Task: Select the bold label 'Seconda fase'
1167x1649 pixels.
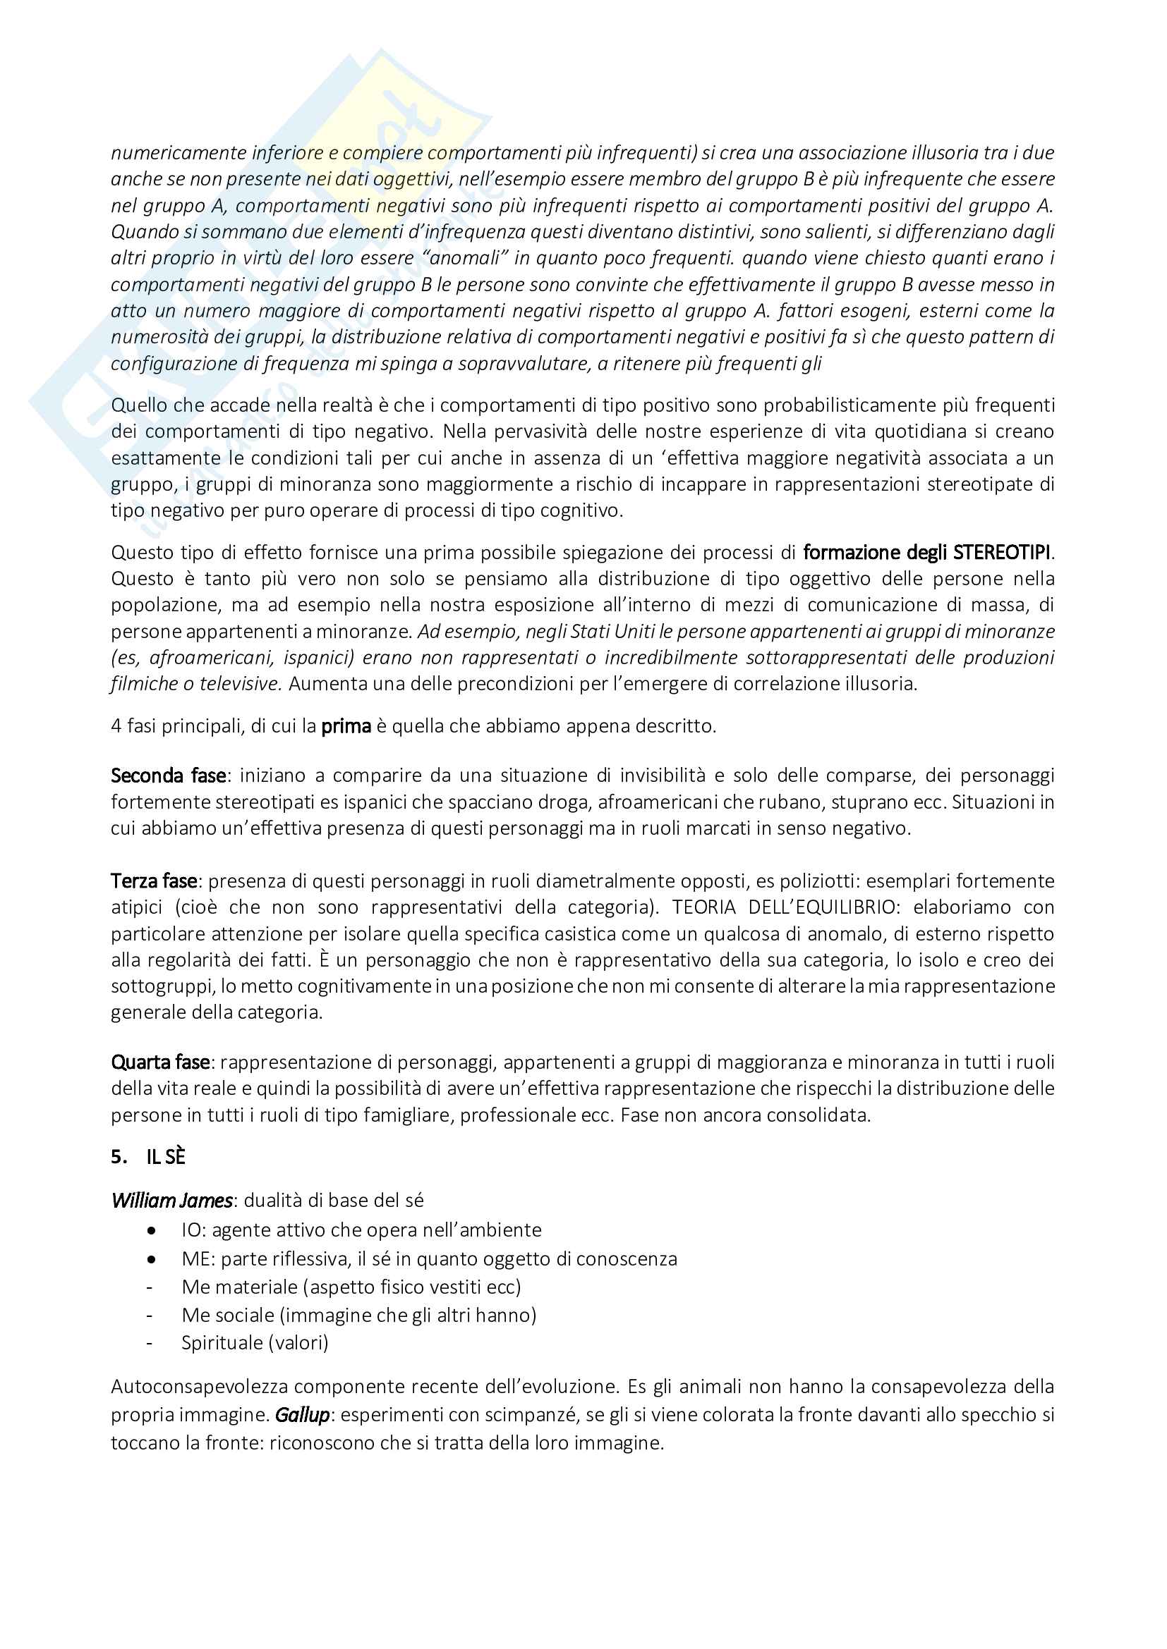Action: coord(168,776)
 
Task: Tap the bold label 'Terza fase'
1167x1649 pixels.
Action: coord(154,881)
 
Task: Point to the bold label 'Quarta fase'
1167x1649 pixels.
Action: coord(160,1062)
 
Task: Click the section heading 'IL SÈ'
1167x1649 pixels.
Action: coord(166,1157)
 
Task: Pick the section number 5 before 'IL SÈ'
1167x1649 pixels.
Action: coord(116,1157)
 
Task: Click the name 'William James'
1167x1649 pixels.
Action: coord(171,1201)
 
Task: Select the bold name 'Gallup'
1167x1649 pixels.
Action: coord(302,1416)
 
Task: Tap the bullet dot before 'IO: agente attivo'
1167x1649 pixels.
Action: coord(152,1230)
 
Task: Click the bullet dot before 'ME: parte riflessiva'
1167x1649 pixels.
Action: coord(152,1259)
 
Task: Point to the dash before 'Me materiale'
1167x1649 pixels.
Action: coord(150,1287)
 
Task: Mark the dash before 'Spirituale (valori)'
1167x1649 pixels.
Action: coord(150,1343)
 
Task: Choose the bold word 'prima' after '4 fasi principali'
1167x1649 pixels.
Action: coord(346,726)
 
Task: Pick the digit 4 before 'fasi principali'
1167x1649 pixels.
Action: coord(116,726)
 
